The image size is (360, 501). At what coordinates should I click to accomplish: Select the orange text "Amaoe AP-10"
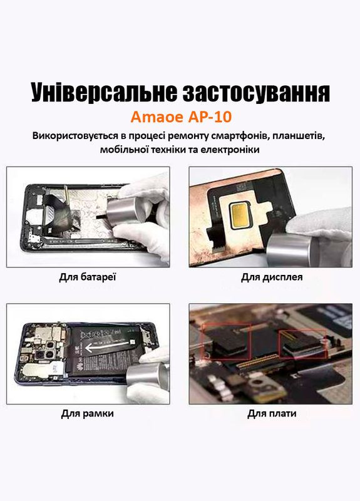click(x=180, y=118)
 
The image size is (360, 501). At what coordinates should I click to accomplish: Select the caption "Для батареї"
click(x=88, y=276)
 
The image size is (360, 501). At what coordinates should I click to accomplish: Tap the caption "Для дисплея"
click(x=272, y=276)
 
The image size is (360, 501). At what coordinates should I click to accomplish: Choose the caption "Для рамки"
click(x=88, y=413)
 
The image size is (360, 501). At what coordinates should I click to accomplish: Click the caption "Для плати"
click(x=272, y=413)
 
